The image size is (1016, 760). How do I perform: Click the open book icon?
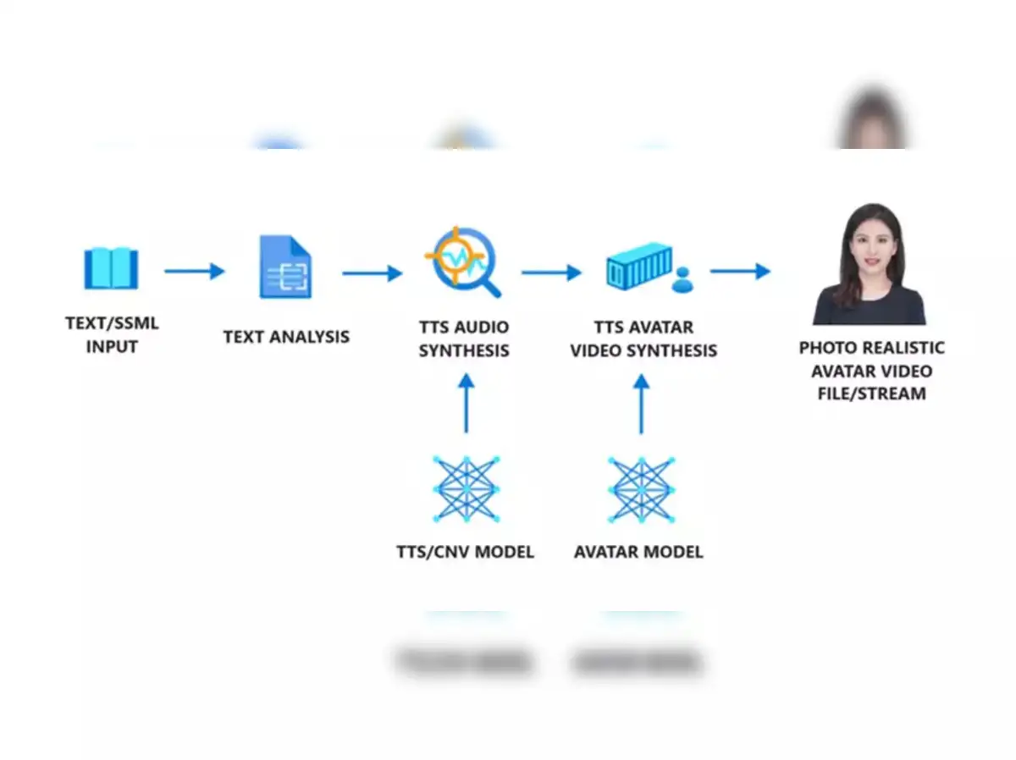click(x=111, y=269)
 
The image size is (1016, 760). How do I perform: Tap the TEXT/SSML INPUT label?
click(x=112, y=334)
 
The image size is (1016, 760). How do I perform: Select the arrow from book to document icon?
click(x=194, y=271)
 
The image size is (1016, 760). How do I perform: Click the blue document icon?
click(x=285, y=267)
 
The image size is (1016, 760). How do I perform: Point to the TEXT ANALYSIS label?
click(x=286, y=337)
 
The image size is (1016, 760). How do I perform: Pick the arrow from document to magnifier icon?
click(x=372, y=273)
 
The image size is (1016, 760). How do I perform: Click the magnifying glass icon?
click(x=462, y=261)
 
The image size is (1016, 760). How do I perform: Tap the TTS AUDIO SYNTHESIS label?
click(x=464, y=339)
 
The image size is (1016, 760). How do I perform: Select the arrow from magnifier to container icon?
click(x=551, y=273)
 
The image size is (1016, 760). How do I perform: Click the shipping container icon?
click(x=639, y=266)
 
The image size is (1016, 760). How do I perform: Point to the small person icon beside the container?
click(x=682, y=280)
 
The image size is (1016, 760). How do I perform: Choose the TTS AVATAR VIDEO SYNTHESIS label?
click(x=643, y=339)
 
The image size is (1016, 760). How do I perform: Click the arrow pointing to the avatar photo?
click(x=740, y=271)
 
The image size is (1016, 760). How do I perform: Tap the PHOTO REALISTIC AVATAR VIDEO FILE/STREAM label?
click(x=872, y=371)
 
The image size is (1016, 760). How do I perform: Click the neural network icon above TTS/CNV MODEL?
click(x=466, y=488)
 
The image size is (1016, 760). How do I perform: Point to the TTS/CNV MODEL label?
click(x=466, y=553)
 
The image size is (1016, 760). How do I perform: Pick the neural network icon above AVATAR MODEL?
click(x=641, y=488)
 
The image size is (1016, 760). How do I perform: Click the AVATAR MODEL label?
click(x=638, y=553)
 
